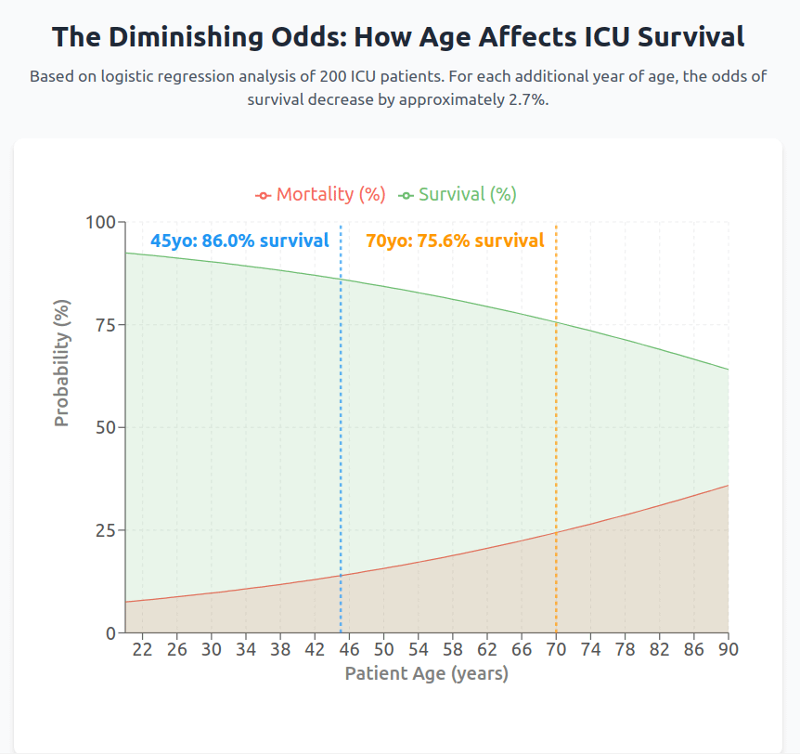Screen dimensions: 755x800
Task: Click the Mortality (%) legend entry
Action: pyautogui.click(x=320, y=194)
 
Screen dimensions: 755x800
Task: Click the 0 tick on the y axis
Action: pyautogui.click(x=110, y=633)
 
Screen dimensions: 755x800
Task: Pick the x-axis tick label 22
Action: pyautogui.click(x=142, y=649)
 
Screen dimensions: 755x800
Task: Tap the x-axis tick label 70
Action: pyautogui.click(x=556, y=649)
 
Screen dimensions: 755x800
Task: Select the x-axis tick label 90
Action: pyautogui.click(x=729, y=649)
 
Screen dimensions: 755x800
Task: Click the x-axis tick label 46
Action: pyautogui.click(x=349, y=649)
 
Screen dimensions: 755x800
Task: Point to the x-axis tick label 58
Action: pyautogui.click(x=452, y=649)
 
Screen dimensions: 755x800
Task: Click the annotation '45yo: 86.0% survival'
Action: pyautogui.click(x=239, y=241)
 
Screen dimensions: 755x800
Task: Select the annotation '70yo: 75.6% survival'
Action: pyautogui.click(x=455, y=241)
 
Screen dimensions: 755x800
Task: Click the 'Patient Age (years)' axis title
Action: pyautogui.click(x=426, y=673)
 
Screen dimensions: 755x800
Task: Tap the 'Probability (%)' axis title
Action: pyautogui.click(x=61, y=363)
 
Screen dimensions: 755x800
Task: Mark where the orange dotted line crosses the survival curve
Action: pyautogui.click(x=556, y=322)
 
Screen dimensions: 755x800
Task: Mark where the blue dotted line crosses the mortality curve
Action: pyautogui.click(x=341, y=575)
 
